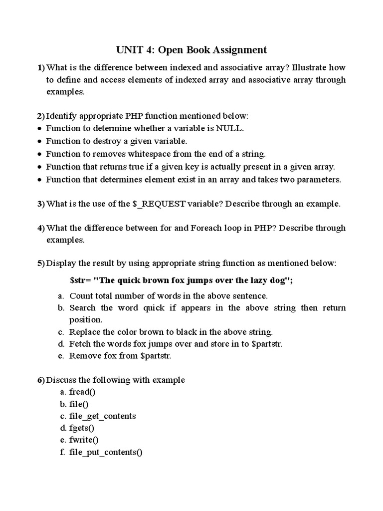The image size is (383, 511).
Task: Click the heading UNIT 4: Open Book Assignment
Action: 191,50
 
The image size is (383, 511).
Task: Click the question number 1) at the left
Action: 41,67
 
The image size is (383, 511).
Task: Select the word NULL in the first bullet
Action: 229,128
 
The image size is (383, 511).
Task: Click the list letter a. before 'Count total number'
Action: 61,296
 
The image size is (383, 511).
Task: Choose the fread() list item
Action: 82,392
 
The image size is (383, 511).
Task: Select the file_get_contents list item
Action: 102,416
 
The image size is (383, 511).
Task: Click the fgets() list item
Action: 82,428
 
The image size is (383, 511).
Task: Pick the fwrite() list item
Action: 84,440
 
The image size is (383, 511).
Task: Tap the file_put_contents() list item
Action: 106,453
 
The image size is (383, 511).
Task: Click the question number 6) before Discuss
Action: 41,380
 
